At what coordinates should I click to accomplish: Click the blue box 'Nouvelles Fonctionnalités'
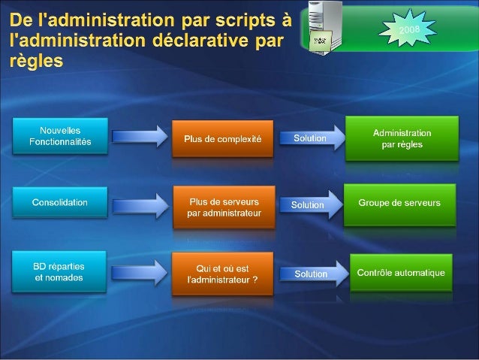tap(60, 136)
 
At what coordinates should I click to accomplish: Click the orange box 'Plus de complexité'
tap(222, 139)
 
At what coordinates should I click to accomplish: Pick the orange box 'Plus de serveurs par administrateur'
tap(224, 207)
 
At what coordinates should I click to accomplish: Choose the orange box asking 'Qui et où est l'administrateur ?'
tap(222, 274)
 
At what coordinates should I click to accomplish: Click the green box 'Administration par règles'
tap(402, 138)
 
